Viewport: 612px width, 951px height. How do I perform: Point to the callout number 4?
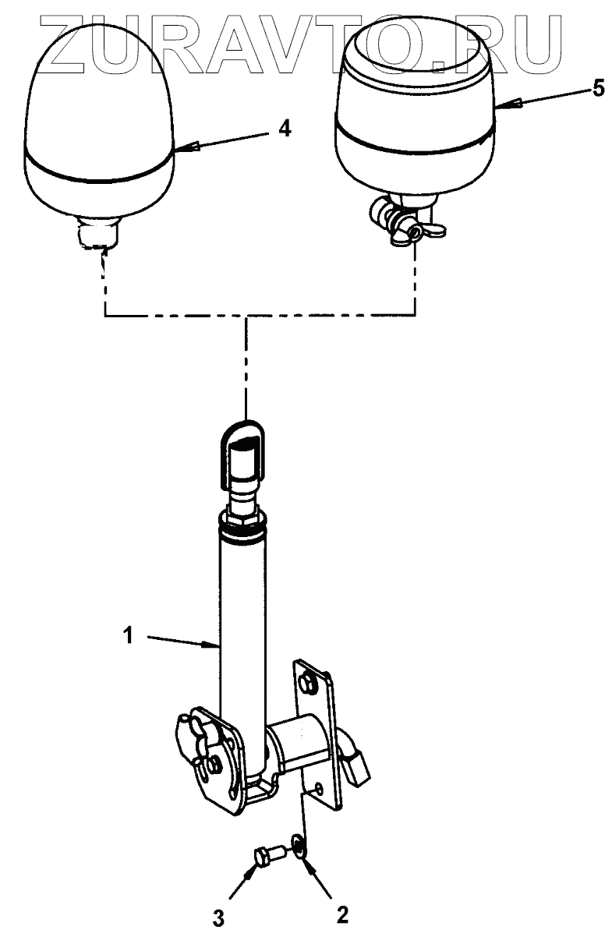click(x=285, y=129)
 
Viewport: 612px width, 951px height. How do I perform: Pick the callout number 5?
click(x=597, y=88)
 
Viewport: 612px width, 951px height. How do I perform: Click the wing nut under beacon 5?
click(x=412, y=229)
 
